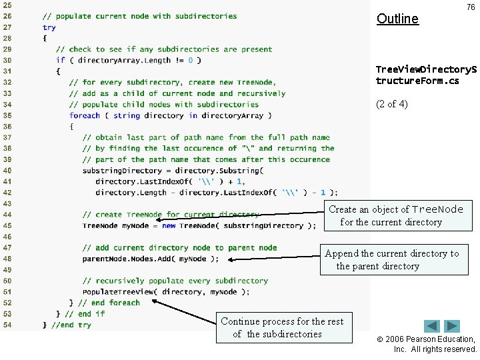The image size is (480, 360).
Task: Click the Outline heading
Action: tap(397, 19)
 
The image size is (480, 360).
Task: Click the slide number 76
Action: tap(471, 7)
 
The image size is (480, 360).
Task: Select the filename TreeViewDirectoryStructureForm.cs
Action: tap(426, 75)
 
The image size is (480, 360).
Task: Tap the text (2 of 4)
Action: tap(392, 104)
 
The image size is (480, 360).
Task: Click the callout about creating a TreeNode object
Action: tap(396, 215)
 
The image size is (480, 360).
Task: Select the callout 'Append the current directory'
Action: tap(391, 259)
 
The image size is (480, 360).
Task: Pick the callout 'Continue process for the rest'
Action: tap(283, 327)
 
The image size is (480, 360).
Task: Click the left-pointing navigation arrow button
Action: tap(432, 326)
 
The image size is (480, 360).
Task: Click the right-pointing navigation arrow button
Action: tap(452, 326)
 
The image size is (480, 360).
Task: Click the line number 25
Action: tap(7, 5)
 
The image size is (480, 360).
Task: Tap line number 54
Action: tap(7, 325)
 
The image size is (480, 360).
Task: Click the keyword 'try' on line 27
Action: tap(49, 27)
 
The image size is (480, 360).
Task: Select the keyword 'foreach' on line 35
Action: tap(85, 115)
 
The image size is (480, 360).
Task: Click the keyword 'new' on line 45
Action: tap(169, 225)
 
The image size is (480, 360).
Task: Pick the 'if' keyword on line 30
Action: tap(61, 60)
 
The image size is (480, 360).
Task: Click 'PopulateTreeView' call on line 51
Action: tap(119, 291)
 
